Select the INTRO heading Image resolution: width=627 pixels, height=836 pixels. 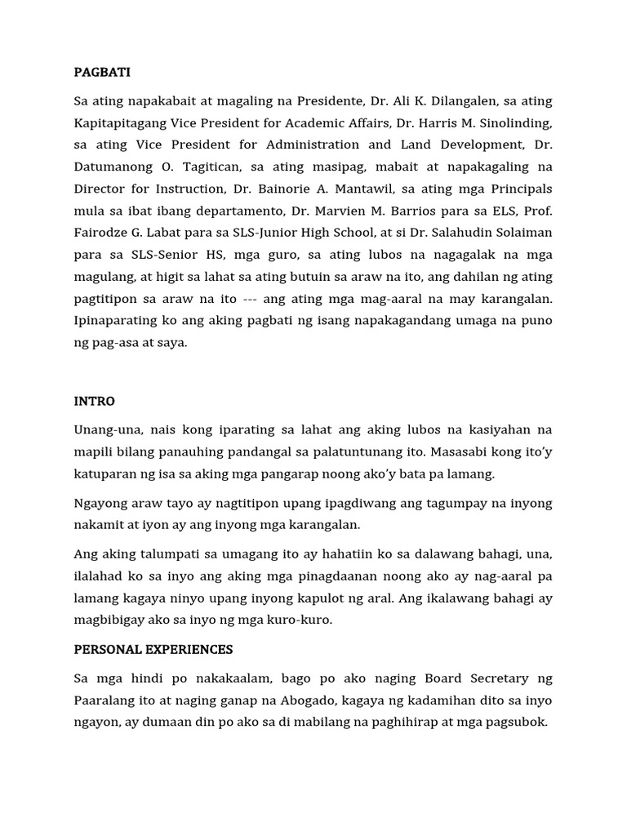94,401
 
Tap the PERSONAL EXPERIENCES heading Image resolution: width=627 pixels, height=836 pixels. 153,649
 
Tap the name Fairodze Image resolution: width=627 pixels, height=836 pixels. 103,233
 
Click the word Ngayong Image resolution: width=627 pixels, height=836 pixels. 101,504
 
